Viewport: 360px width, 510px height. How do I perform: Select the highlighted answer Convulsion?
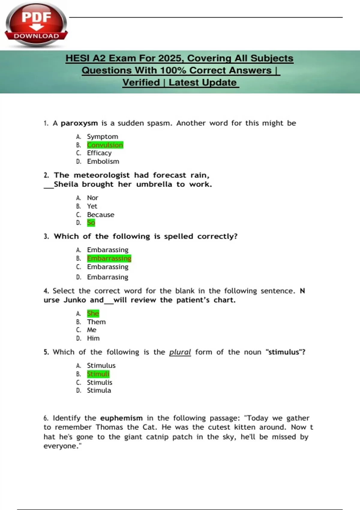click(x=105, y=145)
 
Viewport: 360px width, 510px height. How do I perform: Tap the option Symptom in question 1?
click(x=102, y=136)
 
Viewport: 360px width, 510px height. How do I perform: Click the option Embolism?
click(x=103, y=161)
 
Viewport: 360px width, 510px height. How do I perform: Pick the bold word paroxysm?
click(x=79, y=123)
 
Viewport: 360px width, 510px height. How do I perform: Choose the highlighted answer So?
click(x=91, y=223)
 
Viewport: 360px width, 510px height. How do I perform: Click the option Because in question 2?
click(x=100, y=214)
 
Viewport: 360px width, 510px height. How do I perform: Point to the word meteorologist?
click(x=102, y=175)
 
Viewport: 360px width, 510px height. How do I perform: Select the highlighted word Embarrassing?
click(x=109, y=258)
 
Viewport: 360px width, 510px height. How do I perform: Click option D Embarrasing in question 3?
click(x=107, y=277)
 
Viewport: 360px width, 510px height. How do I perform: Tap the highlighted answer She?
click(x=93, y=313)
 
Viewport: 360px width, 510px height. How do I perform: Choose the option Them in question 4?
click(x=96, y=322)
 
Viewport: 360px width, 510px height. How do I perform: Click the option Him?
click(x=93, y=338)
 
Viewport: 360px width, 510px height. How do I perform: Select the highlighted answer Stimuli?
click(x=98, y=374)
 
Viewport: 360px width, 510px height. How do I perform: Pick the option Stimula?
click(x=99, y=390)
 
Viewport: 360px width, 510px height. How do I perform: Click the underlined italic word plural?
click(x=180, y=352)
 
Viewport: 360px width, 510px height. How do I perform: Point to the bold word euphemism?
click(x=121, y=418)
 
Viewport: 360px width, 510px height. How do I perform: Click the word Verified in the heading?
click(x=141, y=82)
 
